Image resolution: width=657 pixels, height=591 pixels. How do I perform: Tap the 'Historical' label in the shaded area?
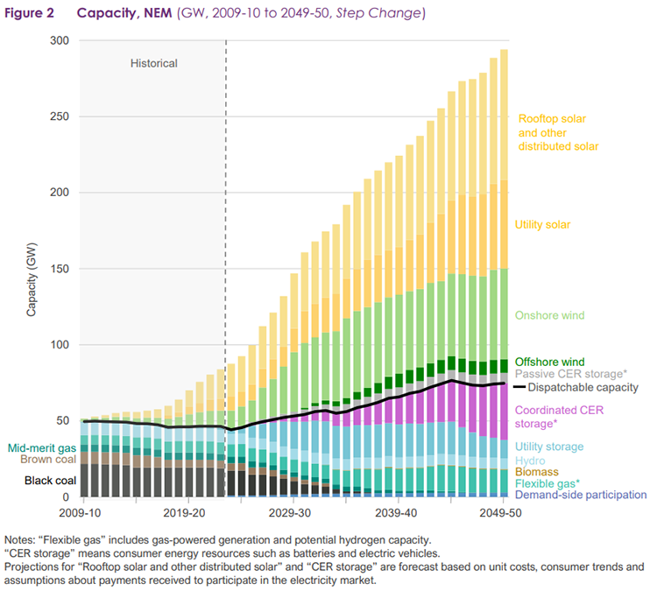coord(154,63)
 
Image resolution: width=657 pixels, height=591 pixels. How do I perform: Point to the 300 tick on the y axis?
coord(60,41)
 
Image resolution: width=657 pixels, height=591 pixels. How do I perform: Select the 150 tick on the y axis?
coord(60,269)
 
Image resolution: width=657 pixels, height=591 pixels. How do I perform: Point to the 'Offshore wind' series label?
coord(550,362)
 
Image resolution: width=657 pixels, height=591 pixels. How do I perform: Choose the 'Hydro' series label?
coord(531,460)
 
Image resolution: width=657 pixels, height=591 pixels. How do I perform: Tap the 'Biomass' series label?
coord(537,472)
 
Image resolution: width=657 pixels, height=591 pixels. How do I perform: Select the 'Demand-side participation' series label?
coord(581,495)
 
